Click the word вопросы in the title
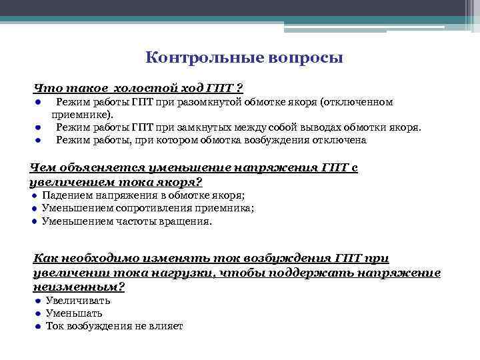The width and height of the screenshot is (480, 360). click(304, 57)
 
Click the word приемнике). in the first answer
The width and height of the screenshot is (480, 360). click(83, 115)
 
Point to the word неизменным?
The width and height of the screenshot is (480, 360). click(79, 286)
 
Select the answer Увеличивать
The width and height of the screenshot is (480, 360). click(79, 300)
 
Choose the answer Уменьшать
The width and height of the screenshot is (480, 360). click(74, 313)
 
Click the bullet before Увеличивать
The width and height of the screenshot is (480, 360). click(38, 301)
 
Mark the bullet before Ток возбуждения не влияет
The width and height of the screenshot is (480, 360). click(38, 327)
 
